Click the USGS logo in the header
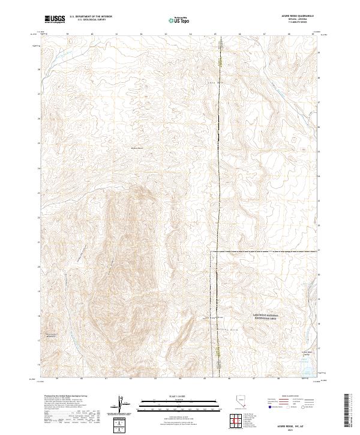tap(55, 19)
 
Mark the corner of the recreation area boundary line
tap(211, 253)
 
